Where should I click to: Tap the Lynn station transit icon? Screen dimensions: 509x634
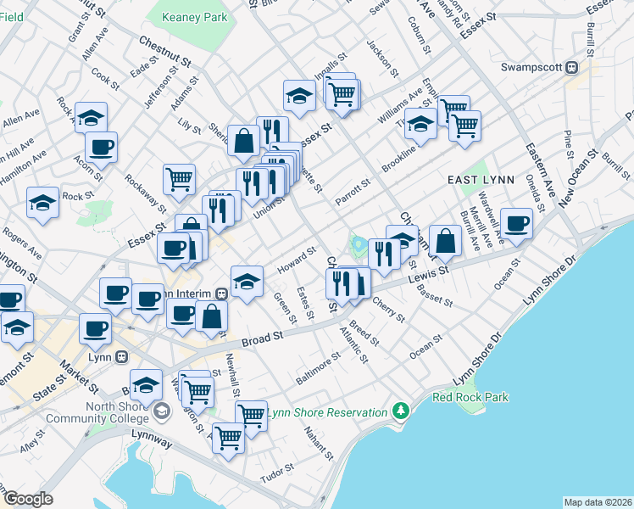[122, 357]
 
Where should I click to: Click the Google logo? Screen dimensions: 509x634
[28, 498]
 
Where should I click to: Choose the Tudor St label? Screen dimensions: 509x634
[276, 477]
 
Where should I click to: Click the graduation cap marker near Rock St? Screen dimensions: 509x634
[42, 202]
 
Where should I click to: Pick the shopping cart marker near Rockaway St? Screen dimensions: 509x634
[179, 178]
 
